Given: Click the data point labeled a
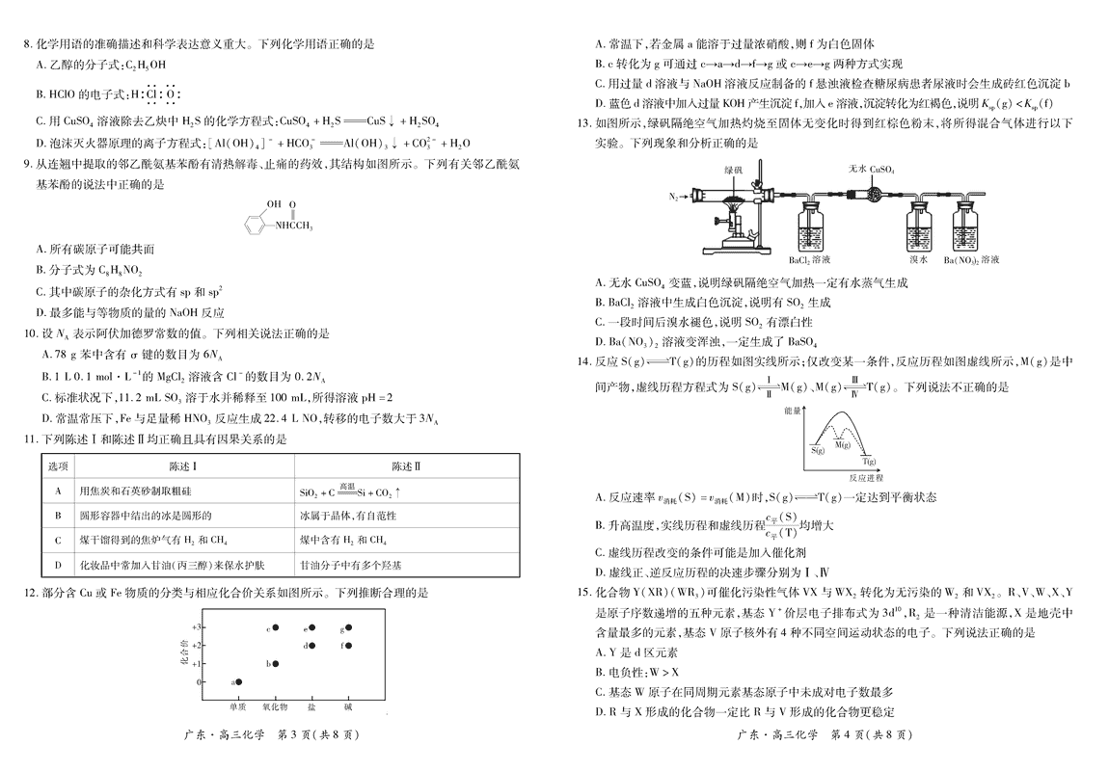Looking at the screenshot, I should pyautogui.click(x=239, y=681).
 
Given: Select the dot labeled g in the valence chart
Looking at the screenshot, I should pyautogui.click(x=347, y=627).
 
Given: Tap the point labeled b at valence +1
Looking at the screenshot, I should pyautogui.click(x=275, y=663).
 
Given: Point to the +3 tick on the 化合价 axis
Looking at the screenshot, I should pyautogui.click(x=197, y=627).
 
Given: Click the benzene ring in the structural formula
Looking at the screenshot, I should pyautogui.click(x=254, y=226).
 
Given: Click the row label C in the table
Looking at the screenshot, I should pyautogui.click(x=59, y=540).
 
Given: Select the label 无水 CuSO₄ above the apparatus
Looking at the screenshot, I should pyautogui.click(x=872, y=168).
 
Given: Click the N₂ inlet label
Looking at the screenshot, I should pyautogui.click(x=673, y=197).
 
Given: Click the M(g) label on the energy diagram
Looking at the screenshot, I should pyautogui.click(x=843, y=444).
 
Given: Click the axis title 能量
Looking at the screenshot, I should pyautogui.click(x=794, y=412).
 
